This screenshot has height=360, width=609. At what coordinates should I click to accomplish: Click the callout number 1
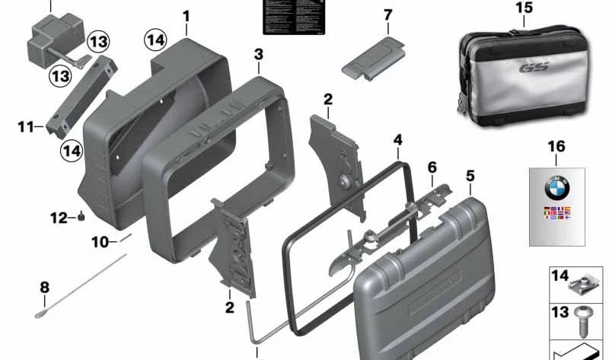(x=187, y=15)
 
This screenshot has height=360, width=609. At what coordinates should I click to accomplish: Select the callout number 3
(x=259, y=54)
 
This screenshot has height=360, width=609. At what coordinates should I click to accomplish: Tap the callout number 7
(x=387, y=15)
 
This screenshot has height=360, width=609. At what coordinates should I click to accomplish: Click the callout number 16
(x=556, y=145)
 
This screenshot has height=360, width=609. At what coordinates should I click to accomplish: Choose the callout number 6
(x=432, y=167)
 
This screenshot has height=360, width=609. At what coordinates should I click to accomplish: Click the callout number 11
(x=26, y=126)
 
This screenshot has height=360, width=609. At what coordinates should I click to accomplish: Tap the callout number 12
(x=59, y=218)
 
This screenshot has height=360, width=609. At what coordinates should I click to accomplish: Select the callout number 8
(x=44, y=287)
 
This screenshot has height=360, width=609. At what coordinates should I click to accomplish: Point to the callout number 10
(x=100, y=243)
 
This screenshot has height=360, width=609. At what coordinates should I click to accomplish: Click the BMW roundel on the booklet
(x=556, y=188)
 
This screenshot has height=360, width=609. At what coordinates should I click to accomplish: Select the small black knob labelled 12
(x=80, y=218)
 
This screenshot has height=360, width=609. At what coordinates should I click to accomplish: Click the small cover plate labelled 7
(x=373, y=58)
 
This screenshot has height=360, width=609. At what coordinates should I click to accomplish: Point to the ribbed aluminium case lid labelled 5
(x=426, y=282)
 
